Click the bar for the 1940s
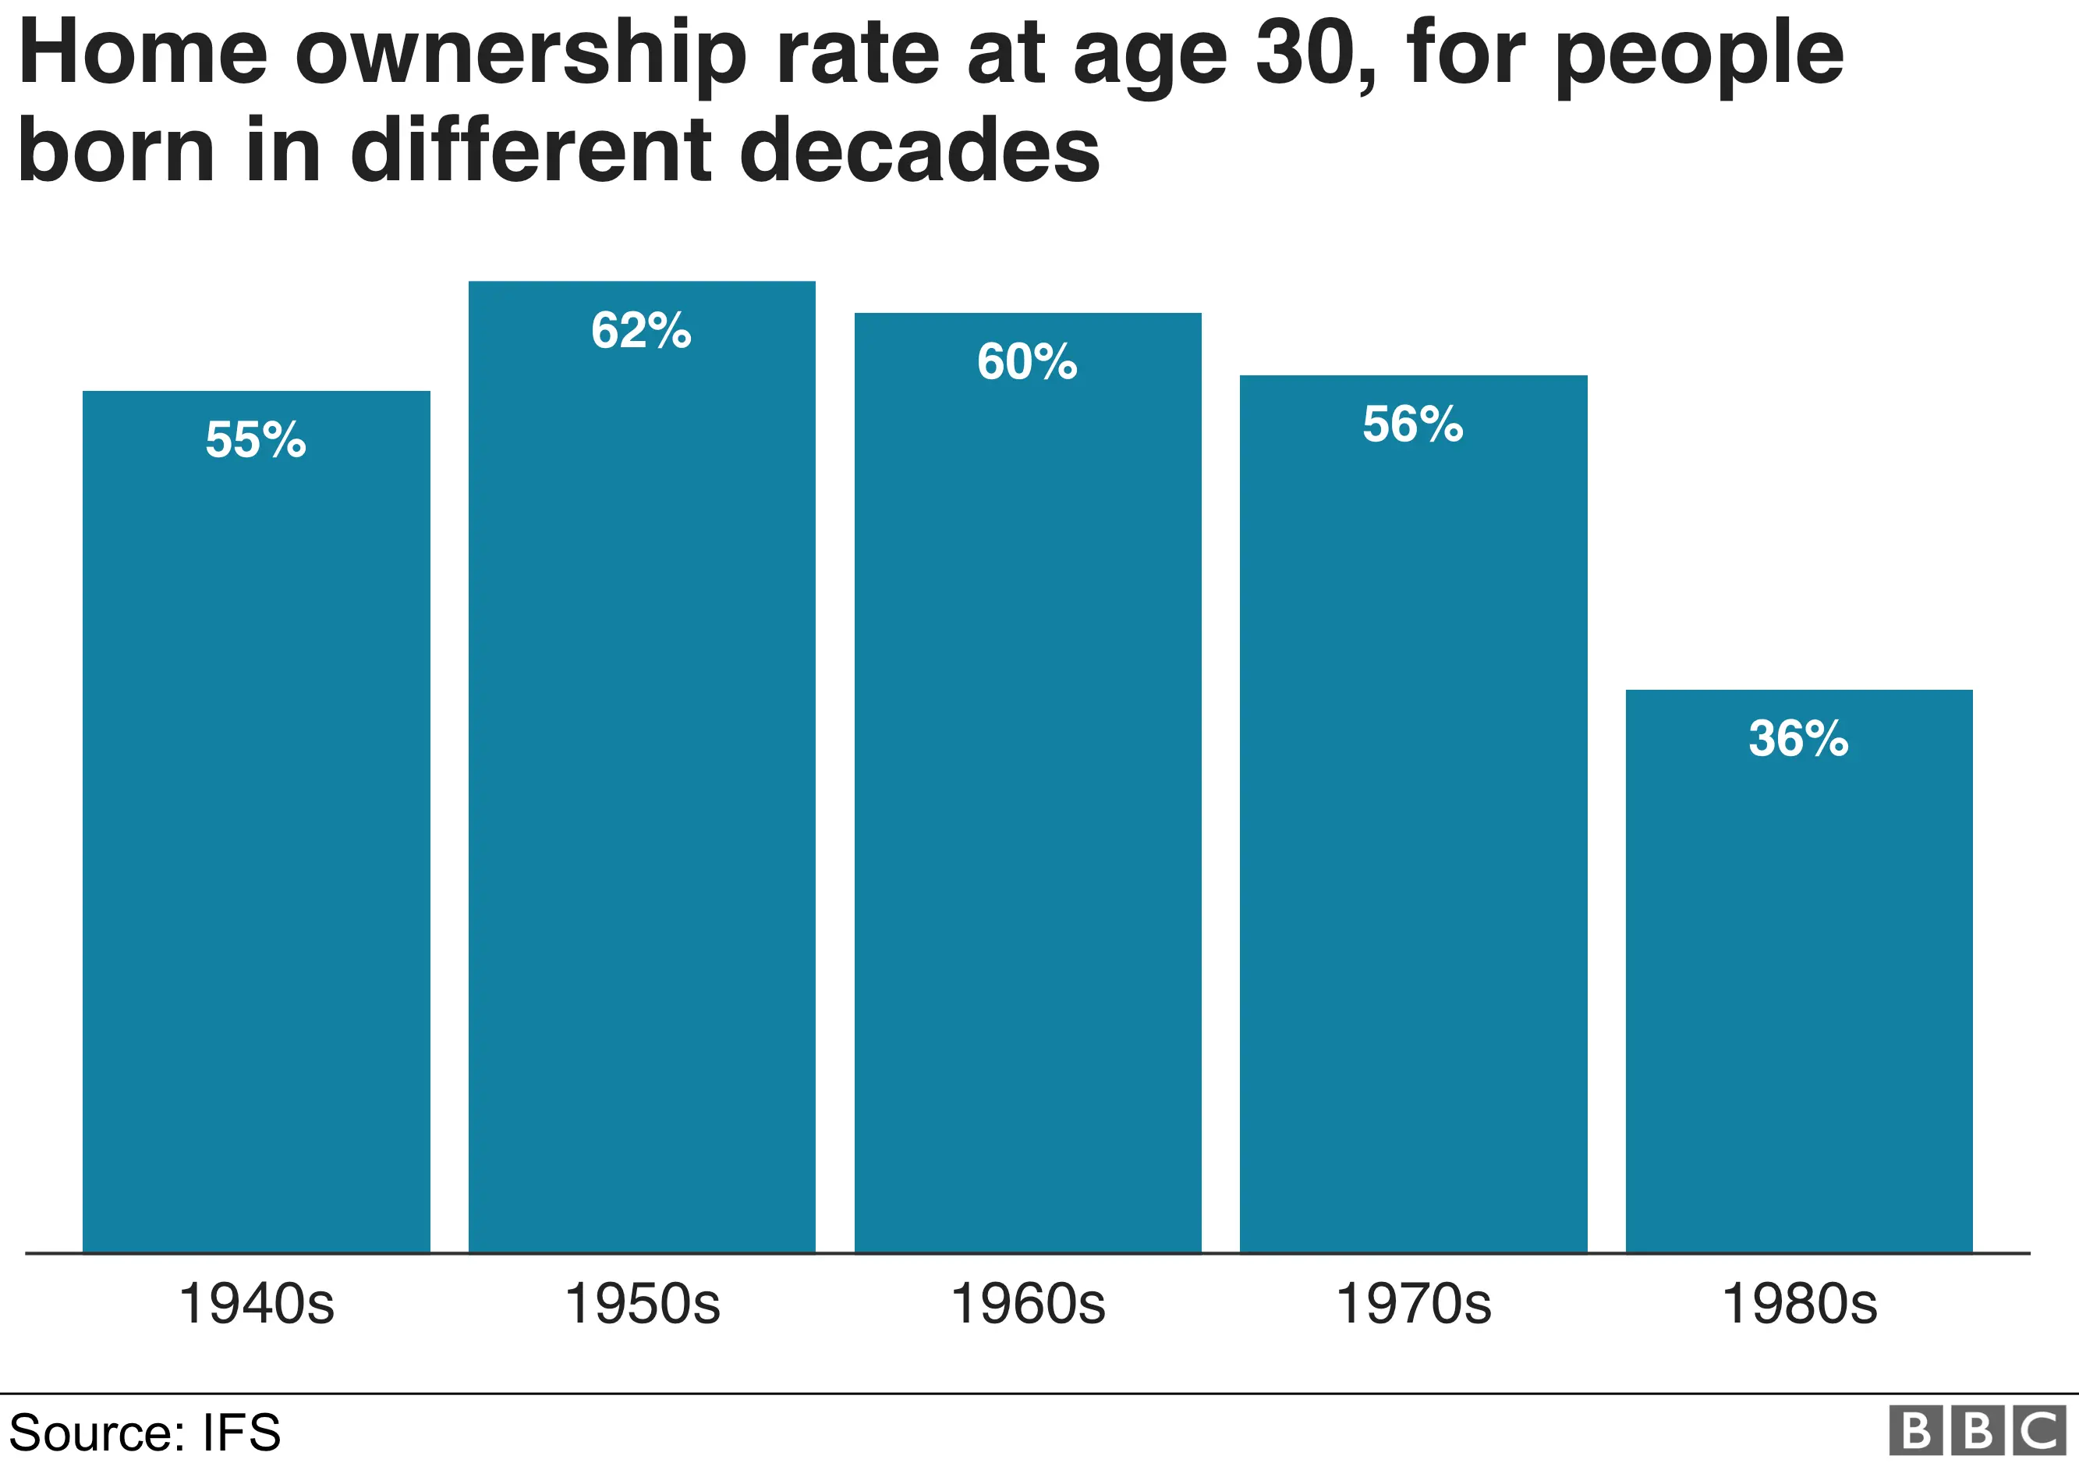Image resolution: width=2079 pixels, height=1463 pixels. (257, 822)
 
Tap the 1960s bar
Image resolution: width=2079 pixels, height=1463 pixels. (1028, 783)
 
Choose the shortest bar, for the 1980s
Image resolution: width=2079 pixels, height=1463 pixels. (1799, 971)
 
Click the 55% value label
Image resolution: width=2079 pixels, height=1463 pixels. (257, 440)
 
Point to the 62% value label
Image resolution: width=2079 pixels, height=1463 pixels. (642, 331)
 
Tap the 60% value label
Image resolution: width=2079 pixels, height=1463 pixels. (1028, 362)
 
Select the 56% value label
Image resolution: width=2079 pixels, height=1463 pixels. (1414, 425)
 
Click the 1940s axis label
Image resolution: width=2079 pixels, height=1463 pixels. (257, 1305)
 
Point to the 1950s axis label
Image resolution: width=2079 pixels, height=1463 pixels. (642, 1305)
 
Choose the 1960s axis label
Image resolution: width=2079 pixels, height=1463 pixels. (1028, 1305)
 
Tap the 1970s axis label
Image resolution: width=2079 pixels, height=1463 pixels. (1414, 1305)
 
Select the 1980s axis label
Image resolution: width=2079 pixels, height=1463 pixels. (1799, 1305)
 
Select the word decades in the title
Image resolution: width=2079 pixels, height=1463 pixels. (919, 151)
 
